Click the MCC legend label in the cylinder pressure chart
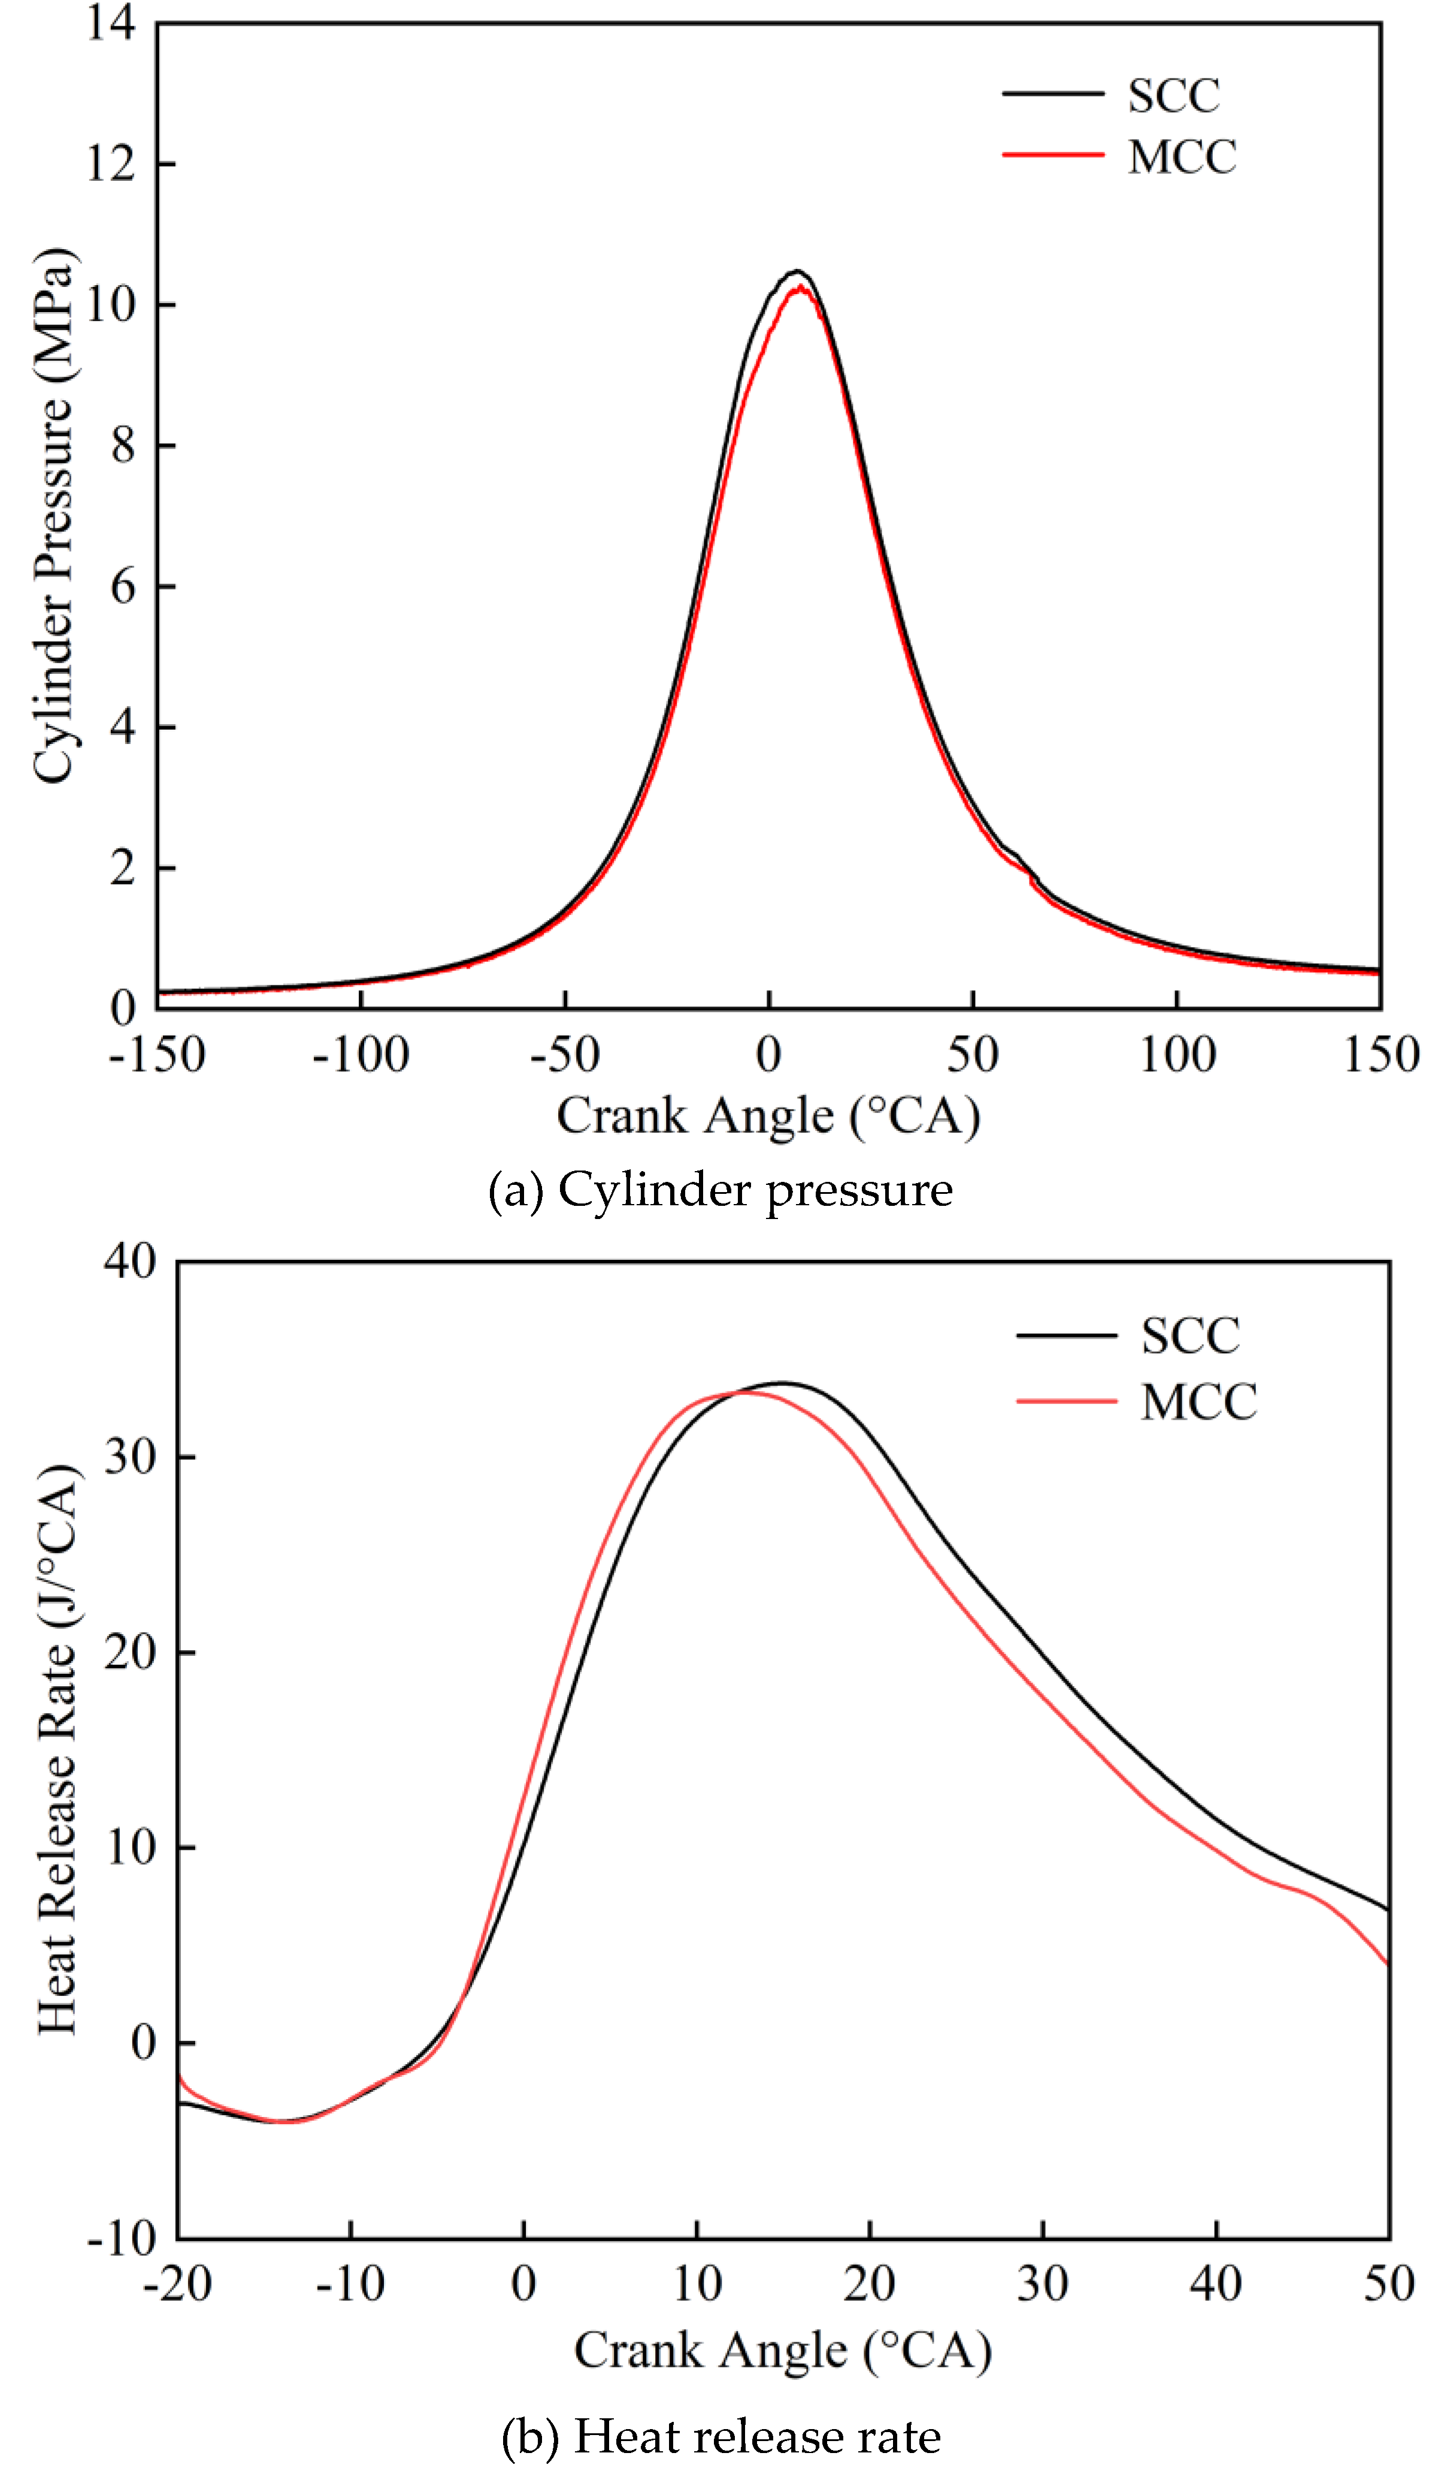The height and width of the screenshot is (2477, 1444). [x=1182, y=158]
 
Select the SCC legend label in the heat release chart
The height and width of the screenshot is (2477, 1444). [x=1191, y=1336]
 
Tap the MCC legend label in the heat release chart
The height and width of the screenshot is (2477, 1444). [x=1198, y=1402]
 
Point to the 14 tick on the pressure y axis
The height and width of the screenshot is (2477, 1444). [x=110, y=22]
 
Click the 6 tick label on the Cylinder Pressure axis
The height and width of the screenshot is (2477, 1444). [x=122, y=587]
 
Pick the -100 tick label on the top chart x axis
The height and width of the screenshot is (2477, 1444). [x=360, y=1055]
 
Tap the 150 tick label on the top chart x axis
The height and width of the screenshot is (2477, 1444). [x=1381, y=1055]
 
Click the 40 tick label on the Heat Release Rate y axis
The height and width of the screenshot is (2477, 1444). [x=130, y=1261]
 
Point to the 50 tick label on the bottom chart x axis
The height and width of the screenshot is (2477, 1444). [x=1388, y=2284]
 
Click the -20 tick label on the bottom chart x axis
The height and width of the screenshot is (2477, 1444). [x=177, y=2284]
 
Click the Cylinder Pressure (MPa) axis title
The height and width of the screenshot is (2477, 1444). [x=53, y=516]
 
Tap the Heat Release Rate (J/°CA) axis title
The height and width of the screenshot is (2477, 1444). [x=57, y=1750]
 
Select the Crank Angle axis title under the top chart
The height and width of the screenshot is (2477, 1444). [x=768, y=1117]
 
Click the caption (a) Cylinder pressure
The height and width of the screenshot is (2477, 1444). [x=721, y=1190]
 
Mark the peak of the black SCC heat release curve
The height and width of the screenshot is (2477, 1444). [x=782, y=1383]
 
